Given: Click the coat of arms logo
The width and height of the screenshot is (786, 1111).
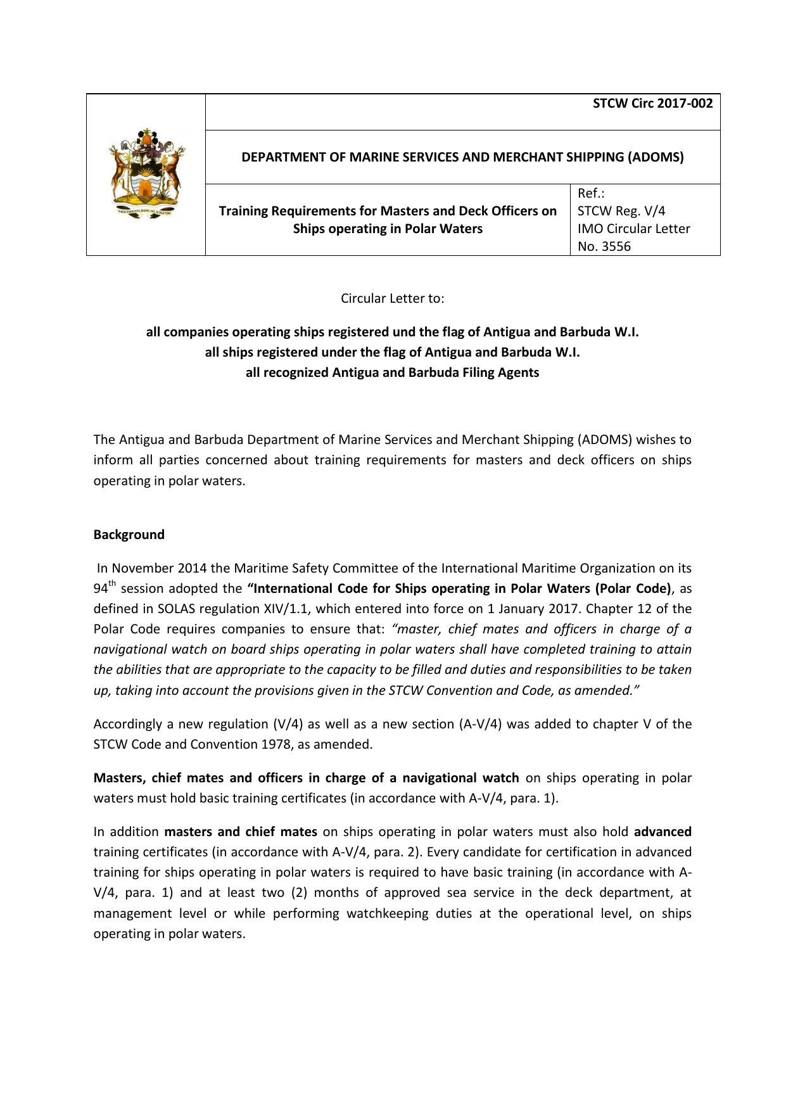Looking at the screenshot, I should [146, 174].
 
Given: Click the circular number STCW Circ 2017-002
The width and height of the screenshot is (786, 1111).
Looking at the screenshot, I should [652, 104].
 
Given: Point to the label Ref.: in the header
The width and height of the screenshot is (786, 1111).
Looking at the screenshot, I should [591, 193].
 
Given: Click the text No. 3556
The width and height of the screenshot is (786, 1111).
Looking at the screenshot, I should [604, 246].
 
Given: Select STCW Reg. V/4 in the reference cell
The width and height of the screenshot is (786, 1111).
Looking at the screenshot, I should [621, 211].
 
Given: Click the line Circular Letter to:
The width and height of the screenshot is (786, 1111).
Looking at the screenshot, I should [393, 298].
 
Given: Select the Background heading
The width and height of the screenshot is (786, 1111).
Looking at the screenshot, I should [129, 535].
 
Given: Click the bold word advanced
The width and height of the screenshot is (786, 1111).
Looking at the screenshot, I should [662, 832].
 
